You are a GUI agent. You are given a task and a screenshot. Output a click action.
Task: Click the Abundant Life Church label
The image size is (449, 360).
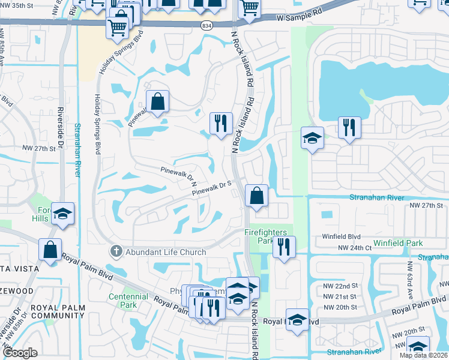[x=166, y=252]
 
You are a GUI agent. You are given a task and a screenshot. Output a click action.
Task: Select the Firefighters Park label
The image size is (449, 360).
[x=265, y=236]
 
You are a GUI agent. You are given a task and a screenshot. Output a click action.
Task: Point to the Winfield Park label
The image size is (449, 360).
[x=398, y=243]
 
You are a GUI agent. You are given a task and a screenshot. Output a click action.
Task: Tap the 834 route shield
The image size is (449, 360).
[x=206, y=24]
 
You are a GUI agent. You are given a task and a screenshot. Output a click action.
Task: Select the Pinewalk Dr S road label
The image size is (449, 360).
[x=212, y=190]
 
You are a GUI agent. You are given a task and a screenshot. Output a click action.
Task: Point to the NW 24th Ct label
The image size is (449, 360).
[x=352, y=248]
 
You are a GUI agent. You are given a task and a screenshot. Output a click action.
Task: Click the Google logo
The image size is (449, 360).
[x=20, y=353]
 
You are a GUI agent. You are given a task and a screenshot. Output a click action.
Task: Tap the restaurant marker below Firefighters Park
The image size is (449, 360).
[x=284, y=247]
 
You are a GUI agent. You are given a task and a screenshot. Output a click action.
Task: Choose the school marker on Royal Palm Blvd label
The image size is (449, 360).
[x=297, y=319]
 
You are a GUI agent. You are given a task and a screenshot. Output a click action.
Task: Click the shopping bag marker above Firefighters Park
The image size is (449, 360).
[x=256, y=196]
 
